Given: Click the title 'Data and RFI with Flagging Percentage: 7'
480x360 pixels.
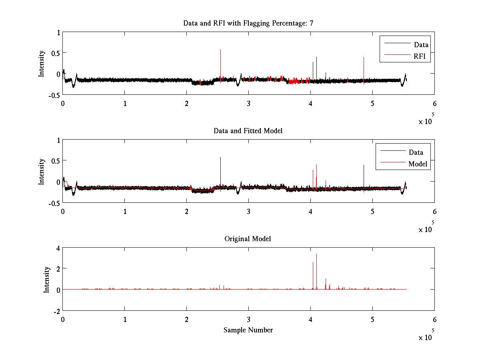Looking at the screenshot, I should point(248,23).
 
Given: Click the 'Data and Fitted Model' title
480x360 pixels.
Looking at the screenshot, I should point(248,131).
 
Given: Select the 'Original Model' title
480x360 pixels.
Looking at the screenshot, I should point(248,239).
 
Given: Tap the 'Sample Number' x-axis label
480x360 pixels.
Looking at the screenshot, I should point(248,330).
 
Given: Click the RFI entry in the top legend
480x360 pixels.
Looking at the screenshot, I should point(422,56).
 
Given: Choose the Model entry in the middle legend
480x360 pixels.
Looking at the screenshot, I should point(418,164).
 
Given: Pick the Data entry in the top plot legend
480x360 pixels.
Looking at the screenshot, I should point(421,45).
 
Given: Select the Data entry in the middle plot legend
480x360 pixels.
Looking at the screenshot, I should point(416,152).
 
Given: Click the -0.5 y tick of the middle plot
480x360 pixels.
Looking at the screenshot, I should point(53,203).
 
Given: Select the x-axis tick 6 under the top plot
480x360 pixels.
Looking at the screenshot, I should point(434,103).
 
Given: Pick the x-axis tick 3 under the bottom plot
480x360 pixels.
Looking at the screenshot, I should point(248,320).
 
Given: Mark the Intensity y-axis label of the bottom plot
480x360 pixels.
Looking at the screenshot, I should point(47,279).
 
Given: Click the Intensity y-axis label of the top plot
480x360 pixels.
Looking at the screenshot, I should point(42,64).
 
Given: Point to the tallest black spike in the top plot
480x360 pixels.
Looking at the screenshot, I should point(220,50).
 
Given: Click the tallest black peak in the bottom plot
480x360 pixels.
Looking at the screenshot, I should point(316,255).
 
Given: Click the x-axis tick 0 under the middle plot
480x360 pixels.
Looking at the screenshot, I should point(63,211).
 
